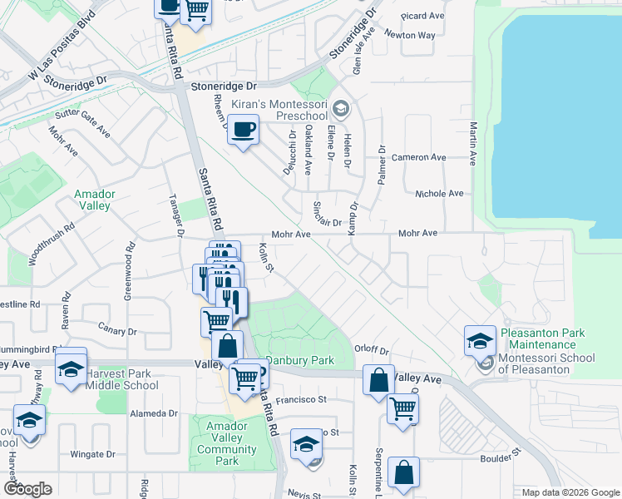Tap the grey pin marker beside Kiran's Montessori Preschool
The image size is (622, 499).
[x=340, y=108]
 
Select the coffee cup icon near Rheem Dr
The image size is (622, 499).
[x=243, y=131]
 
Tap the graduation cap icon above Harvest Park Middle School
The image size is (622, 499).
[x=72, y=368]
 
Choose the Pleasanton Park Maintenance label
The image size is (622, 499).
[x=542, y=339]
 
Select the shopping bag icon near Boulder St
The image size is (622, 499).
[x=403, y=473]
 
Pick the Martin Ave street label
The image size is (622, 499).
[x=472, y=143]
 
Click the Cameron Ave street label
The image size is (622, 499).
[x=419, y=157]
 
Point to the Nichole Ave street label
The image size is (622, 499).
[x=439, y=193]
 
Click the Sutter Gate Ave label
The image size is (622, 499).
[x=82, y=121]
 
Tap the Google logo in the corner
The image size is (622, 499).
[x=27, y=489]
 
